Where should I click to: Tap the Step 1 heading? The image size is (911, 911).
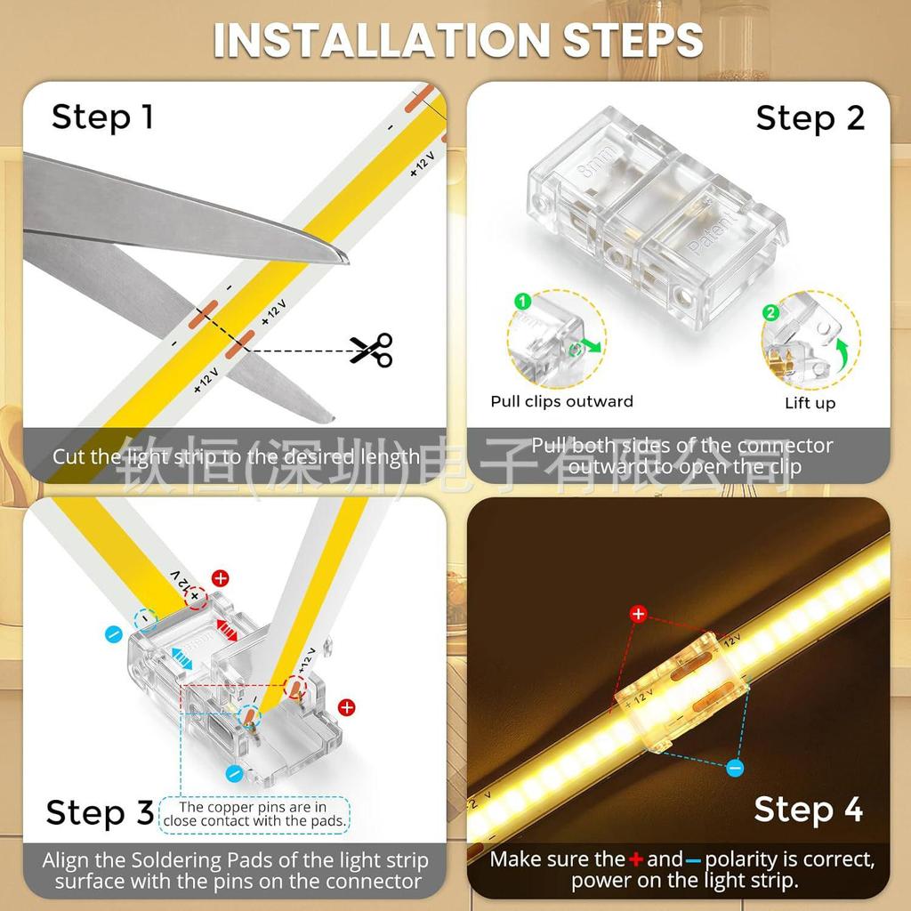[102, 117]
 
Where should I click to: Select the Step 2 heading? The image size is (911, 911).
[810, 117]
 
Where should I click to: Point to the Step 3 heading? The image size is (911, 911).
[100, 812]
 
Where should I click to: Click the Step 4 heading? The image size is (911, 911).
[808, 809]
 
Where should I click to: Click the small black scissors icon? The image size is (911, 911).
[370, 350]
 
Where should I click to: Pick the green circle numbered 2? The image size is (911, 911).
[770, 312]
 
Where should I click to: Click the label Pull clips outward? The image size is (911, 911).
[561, 401]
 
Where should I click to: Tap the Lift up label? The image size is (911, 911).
[810, 403]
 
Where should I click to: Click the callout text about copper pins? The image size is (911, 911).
[254, 814]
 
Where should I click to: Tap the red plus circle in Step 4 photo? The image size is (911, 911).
[638, 614]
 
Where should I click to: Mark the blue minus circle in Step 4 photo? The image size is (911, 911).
[734, 767]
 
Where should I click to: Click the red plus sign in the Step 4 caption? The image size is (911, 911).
[635, 859]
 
